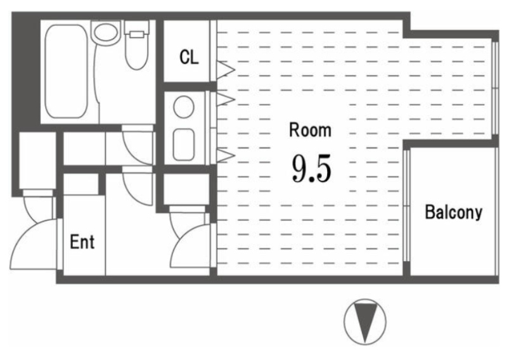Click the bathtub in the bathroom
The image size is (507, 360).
coord(67,72)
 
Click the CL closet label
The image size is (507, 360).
coord(189,57)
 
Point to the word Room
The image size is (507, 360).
coord(310,130)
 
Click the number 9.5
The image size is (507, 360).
coord(311,168)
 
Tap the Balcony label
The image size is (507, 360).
coord(453,212)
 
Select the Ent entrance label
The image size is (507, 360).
coord(82,241)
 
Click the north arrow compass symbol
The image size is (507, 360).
coord(365,321)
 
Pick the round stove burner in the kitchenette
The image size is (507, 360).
coord(184,106)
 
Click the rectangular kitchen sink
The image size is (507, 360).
coord(184,145)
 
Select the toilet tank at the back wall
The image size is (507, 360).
coord(136,27)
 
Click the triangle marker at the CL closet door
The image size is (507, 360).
coord(226,70)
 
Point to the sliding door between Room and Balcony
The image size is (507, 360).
coord(407,205)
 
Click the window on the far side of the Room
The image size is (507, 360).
coord(495,88)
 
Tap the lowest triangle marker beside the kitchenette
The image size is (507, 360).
coord(226,155)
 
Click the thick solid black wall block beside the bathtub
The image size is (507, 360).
coord(26,71)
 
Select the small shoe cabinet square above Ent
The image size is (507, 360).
coord(81,184)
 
